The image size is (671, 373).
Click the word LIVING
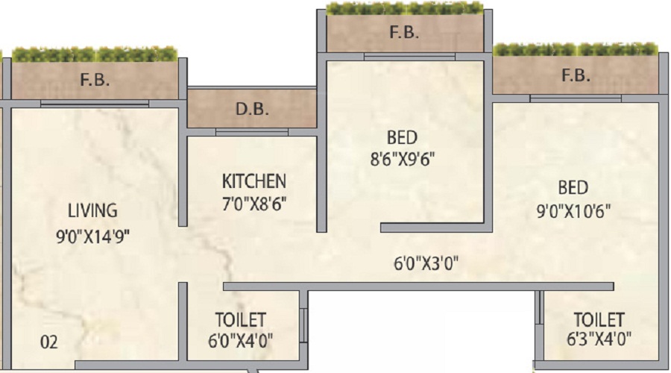(x=92, y=210)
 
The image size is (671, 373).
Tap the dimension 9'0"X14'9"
(x=93, y=236)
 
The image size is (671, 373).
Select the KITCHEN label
(x=253, y=181)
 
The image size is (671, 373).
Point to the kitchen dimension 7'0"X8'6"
(x=253, y=204)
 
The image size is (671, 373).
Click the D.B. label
(x=252, y=109)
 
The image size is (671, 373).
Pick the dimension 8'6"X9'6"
(x=403, y=160)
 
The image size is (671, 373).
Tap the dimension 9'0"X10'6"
(x=573, y=210)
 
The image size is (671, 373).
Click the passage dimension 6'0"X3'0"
(x=426, y=263)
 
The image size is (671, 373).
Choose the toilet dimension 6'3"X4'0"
(x=599, y=339)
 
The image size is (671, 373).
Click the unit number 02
(x=48, y=342)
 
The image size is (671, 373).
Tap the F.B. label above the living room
(x=95, y=80)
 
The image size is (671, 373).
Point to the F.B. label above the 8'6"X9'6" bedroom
(x=404, y=33)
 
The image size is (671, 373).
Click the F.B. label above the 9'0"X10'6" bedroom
(x=576, y=75)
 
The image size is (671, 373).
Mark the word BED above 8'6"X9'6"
(x=402, y=138)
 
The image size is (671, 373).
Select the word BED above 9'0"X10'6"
(x=573, y=188)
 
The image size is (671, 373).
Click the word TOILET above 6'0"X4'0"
(x=241, y=320)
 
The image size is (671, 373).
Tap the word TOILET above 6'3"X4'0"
(x=599, y=319)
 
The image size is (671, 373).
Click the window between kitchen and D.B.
(x=252, y=132)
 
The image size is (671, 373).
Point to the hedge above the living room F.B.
(x=95, y=54)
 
